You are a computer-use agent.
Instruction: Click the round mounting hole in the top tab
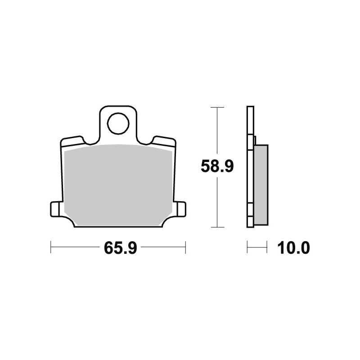coord(117,123)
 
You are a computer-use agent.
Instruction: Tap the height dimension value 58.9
coord(217,167)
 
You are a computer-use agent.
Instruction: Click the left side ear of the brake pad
coord(54,209)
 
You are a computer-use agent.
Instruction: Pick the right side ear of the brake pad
coord(180,209)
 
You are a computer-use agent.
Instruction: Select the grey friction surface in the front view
coord(118,184)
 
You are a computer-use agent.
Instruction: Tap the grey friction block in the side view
coord(261,184)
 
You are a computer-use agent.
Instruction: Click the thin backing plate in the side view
coord(250,180)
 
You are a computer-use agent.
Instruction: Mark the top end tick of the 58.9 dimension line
coord(217,108)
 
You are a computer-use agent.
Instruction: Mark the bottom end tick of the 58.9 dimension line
coord(217,228)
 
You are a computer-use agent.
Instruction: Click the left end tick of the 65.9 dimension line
coord(51,247)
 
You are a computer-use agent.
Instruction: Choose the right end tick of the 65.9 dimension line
coord(185,247)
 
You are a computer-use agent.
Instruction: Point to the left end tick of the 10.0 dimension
coord(247,247)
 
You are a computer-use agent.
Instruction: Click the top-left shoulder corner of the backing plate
coord(62,141)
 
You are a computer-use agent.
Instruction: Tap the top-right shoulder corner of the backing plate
coord(174,141)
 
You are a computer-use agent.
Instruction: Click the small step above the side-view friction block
coord(255,140)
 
